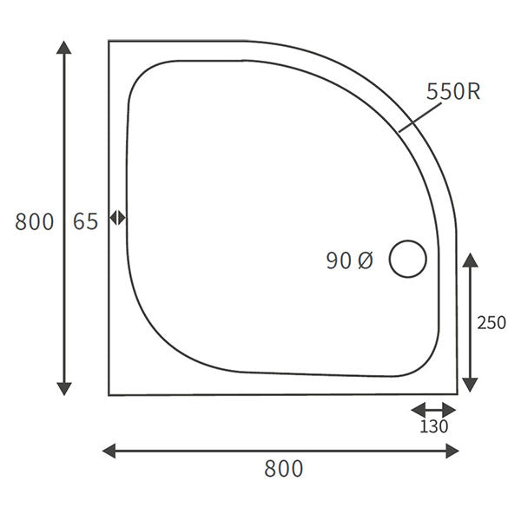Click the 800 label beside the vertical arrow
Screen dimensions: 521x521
tap(34, 221)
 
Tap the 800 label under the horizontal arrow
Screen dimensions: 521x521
tap(283, 469)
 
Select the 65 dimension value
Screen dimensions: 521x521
tap(85, 221)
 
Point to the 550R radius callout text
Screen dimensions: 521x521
tap(452, 92)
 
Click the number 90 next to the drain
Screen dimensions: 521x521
tap(339, 260)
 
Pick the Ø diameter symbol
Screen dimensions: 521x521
tap(365, 260)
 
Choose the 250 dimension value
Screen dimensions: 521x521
tap(491, 322)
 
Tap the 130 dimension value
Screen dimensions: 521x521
tap(434, 426)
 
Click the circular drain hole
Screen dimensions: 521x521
tap(407, 259)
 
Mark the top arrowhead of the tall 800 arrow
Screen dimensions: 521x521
tap(63, 47)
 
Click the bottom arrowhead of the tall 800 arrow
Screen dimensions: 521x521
tap(63, 387)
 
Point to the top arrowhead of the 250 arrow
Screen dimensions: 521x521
tap(470, 260)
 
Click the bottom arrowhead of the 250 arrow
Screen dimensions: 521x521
tap(470, 384)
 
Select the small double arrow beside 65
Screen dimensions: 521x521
tap(118, 218)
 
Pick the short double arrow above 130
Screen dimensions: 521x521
tap(433, 409)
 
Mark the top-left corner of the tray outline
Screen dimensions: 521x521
tap(109, 41)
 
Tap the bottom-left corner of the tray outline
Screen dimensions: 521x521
tap(109, 395)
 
